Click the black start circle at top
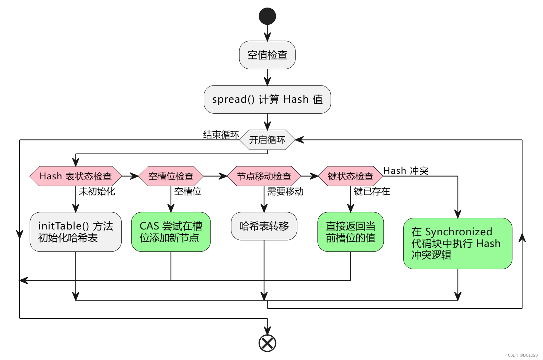pyautogui.click(x=267, y=16)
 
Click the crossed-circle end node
pyautogui.click(x=267, y=343)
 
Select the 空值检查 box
pyautogui.click(x=267, y=55)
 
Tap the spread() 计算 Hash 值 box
pyautogui.click(x=267, y=99)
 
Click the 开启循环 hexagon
pyautogui.click(x=267, y=140)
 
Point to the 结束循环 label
pyautogui.click(x=221, y=135)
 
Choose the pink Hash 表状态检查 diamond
pyautogui.click(x=76, y=176)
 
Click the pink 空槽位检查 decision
pyautogui.click(x=171, y=176)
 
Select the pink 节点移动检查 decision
pyautogui.click(x=264, y=176)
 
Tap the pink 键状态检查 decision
pyautogui.click(x=350, y=176)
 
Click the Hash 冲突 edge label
pyautogui.click(x=406, y=171)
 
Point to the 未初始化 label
pyautogui.click(x=97, y=191)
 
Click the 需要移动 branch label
pyautogui.click(x=285, y=191)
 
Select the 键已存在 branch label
pyautogui.click(x=372, y=191)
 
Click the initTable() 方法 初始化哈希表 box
pyautogui.click(x=76, y=232)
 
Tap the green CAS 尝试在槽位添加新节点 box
pyautogui.click(x=171, y=232)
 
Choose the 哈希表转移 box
pyautogui.click(x=264, y=226)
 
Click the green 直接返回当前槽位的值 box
pyautogui.click(x=350, y=232)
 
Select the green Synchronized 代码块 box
pyautogui.click(x=457, y=243)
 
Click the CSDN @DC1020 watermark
pyautogui.click(x=523, y=355)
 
